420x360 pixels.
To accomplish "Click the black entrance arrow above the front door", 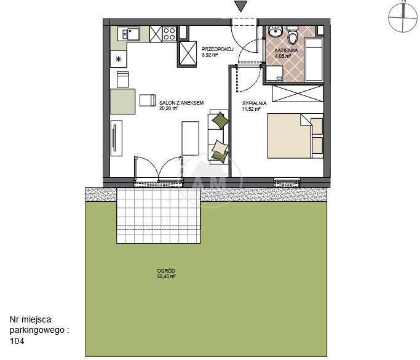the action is [240, 6].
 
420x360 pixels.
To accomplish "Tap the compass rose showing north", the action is [403, 17].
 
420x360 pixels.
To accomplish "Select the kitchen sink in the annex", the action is [131, 34].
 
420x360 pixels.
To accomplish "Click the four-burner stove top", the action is [169, 33].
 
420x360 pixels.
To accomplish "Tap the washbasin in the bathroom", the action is [275, 31].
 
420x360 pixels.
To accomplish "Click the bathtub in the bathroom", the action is [314, 59].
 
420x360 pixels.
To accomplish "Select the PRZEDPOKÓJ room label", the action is [218, 49].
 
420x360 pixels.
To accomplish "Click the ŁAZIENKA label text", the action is [287, 50].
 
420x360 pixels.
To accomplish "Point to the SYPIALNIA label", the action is [254, 103].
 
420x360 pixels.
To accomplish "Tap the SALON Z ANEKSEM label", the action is [181, 103].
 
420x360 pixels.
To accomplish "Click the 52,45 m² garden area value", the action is [166, 277].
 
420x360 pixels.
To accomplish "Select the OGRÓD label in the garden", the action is [166, 271].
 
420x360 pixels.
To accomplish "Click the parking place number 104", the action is [17, 341].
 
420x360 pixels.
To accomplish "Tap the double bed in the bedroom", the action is [295, 136].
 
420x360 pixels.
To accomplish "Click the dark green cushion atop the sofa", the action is [220, 121].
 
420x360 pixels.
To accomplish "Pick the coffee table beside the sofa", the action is [191, 138].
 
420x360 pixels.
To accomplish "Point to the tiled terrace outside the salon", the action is [159, 215].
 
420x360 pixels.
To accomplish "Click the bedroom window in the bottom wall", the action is [287, 183].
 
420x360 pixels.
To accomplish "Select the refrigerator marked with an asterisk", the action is [119, 59].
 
